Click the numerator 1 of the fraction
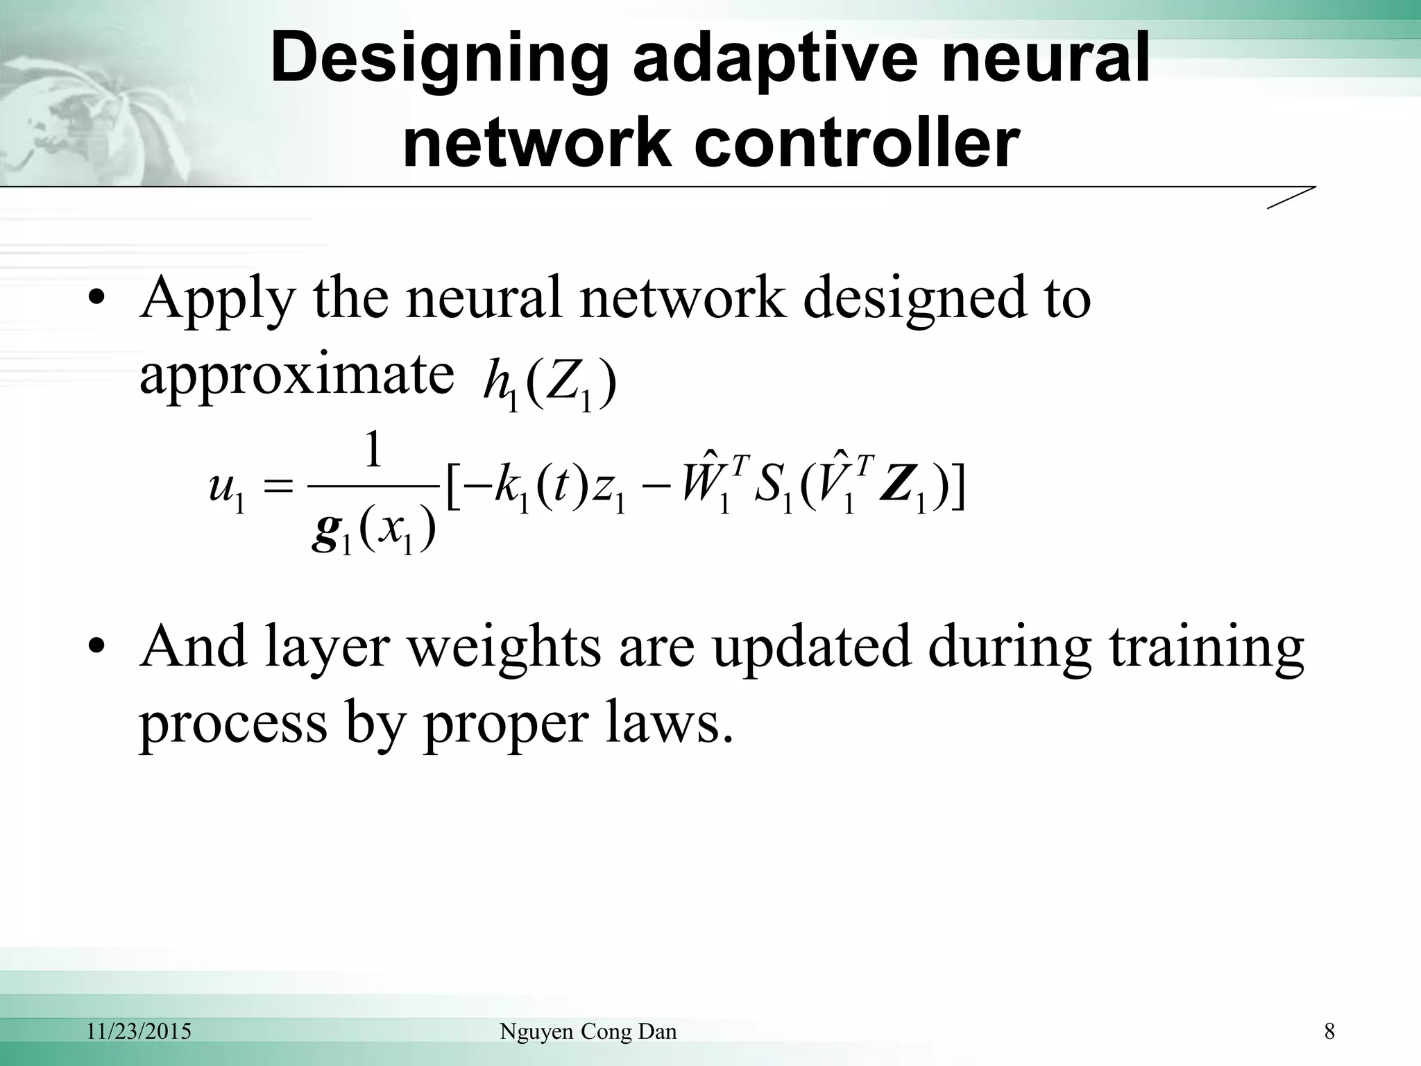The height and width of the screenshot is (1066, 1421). (373, 451)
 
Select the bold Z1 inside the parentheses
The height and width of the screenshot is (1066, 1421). (902, 490)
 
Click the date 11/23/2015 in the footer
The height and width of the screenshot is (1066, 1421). (139, 1032)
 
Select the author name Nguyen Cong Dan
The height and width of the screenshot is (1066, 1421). (588, 1032)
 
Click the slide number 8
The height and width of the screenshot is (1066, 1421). (1329, 1032)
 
